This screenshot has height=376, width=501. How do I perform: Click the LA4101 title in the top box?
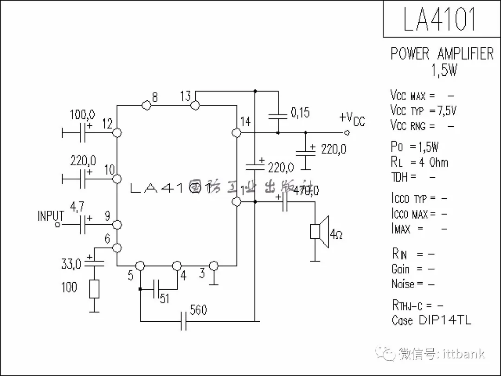coord(439,19)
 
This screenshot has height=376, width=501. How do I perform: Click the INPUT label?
coord(51,216)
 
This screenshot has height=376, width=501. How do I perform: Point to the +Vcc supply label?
coord(352,118)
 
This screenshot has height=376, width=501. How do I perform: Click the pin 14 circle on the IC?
coord(236,133)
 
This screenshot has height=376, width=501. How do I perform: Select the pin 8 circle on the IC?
coord(147,105)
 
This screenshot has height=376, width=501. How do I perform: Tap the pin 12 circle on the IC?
coord(117,133)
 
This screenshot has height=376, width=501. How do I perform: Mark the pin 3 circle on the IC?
coord(213,266)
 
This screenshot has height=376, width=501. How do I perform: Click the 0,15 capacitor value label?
coord(300,113)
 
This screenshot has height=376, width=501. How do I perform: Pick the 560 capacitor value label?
coord(198,310)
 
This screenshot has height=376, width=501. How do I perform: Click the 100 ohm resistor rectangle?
coord(94,289)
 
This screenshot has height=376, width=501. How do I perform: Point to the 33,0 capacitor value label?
coord(71,265)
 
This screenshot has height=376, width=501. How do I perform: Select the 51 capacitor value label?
coord(165,298)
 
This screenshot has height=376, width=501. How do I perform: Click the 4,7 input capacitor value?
coord(77,206)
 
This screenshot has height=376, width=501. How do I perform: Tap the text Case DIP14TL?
coord(431,320)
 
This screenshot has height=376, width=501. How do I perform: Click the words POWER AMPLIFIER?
coord(442,54)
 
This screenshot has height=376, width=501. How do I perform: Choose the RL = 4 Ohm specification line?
coord(420,162)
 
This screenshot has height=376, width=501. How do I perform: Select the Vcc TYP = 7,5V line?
coord(424,110)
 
